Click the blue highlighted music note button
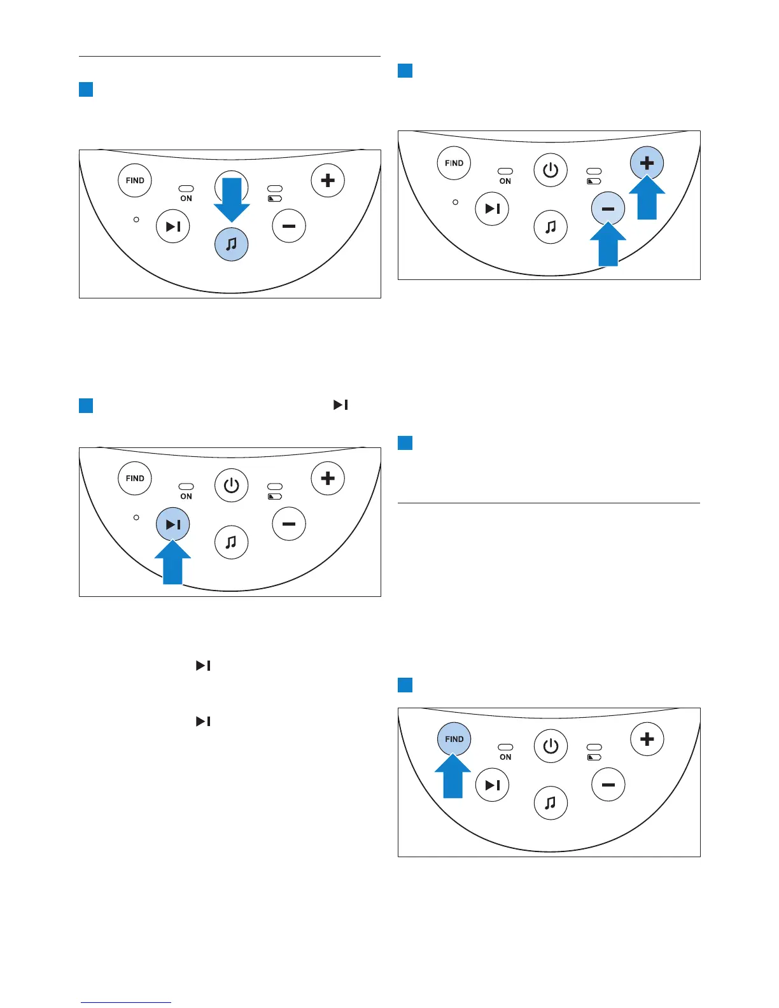pyautogui.click(x=232, y=244)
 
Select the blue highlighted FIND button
pyautogui.click(x=454, y=739)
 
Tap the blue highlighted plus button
pyautogui.click(x=647, y=163)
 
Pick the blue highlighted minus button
pyautogui.click(x=608, y=209)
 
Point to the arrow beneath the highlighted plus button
pyautogui.click(x=647, y=199)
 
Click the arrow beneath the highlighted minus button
pyautogui.click(x=608, y=245)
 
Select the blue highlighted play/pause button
pyautogui.click(x=173, y=524)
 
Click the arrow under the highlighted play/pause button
pyautogui.click(x=172, y=563)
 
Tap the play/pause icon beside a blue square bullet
pyautogui.click(x=340, y=405)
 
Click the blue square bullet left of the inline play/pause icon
pyautogui.click(x=86, y=405)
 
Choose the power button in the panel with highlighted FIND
pyautogui.click(x=551, y=746)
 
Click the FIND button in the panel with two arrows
pyautogui.click(x=454, y=163)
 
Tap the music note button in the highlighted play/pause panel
pyautogui.click(x=232, y=542)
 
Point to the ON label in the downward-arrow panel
pyautogui.click(x=186, y=199)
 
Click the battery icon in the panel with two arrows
pyautogui.click(x=594, y=181)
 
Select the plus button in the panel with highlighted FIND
pyautogui.click(x=647, y=739)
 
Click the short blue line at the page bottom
pyautogui.click(x=126, y=1002)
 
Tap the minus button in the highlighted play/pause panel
pyautogui.click(x=289, y=524)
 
